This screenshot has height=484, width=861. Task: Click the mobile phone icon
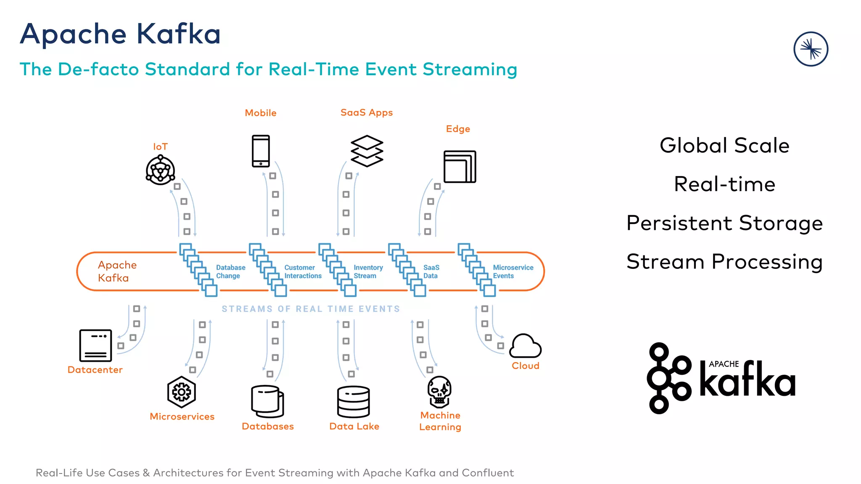[261, 151]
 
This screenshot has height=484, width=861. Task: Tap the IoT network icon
[160, 170]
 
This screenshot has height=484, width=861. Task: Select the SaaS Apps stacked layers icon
[367, 151]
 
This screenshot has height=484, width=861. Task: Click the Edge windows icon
[460, 167]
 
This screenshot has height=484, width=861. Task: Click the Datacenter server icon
[95, 345]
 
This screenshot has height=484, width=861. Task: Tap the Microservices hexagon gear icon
[182, 392]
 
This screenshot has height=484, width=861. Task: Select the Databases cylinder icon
[267, 401]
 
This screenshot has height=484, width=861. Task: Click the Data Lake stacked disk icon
[354, 402]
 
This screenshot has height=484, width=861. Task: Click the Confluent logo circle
[811, 49]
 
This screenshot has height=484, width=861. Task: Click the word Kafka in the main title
[178, 34]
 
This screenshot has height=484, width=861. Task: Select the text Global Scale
[724, 145]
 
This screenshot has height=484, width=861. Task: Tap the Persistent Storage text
[724, 223]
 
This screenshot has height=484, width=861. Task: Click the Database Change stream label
[230, 271]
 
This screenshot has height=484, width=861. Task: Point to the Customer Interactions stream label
[303, 271]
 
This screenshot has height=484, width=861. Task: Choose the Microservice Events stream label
[513, 271]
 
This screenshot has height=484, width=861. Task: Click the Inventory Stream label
[368, 271]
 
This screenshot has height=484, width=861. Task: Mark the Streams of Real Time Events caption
[311, 309]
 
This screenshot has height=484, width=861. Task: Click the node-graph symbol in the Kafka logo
[668, 378]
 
